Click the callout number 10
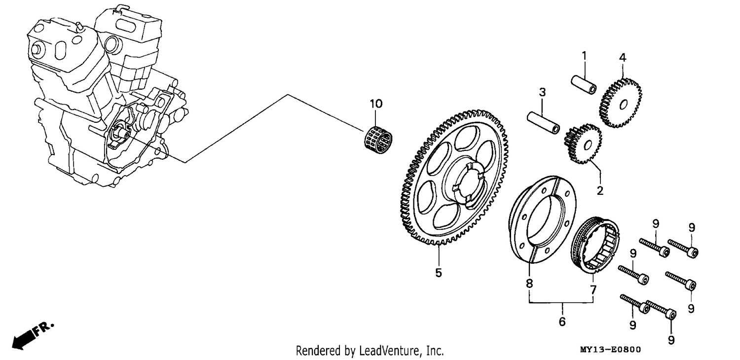coord(376,104)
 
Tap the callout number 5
coord(439,273)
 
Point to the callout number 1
coord(584,56)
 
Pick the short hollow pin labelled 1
coord(584,84)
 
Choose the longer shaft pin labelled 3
coord(544,122)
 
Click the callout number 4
coord(623,58)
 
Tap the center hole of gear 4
coord(624,105)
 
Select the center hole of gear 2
coord(588,144)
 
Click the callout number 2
coord(599,190)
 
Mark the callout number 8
coord(529,283)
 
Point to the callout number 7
coord(593,290)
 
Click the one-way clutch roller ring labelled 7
coord(595,245)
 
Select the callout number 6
coord(562,322)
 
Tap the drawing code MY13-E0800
coord(610,350)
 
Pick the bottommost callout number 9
coord(671,340)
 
